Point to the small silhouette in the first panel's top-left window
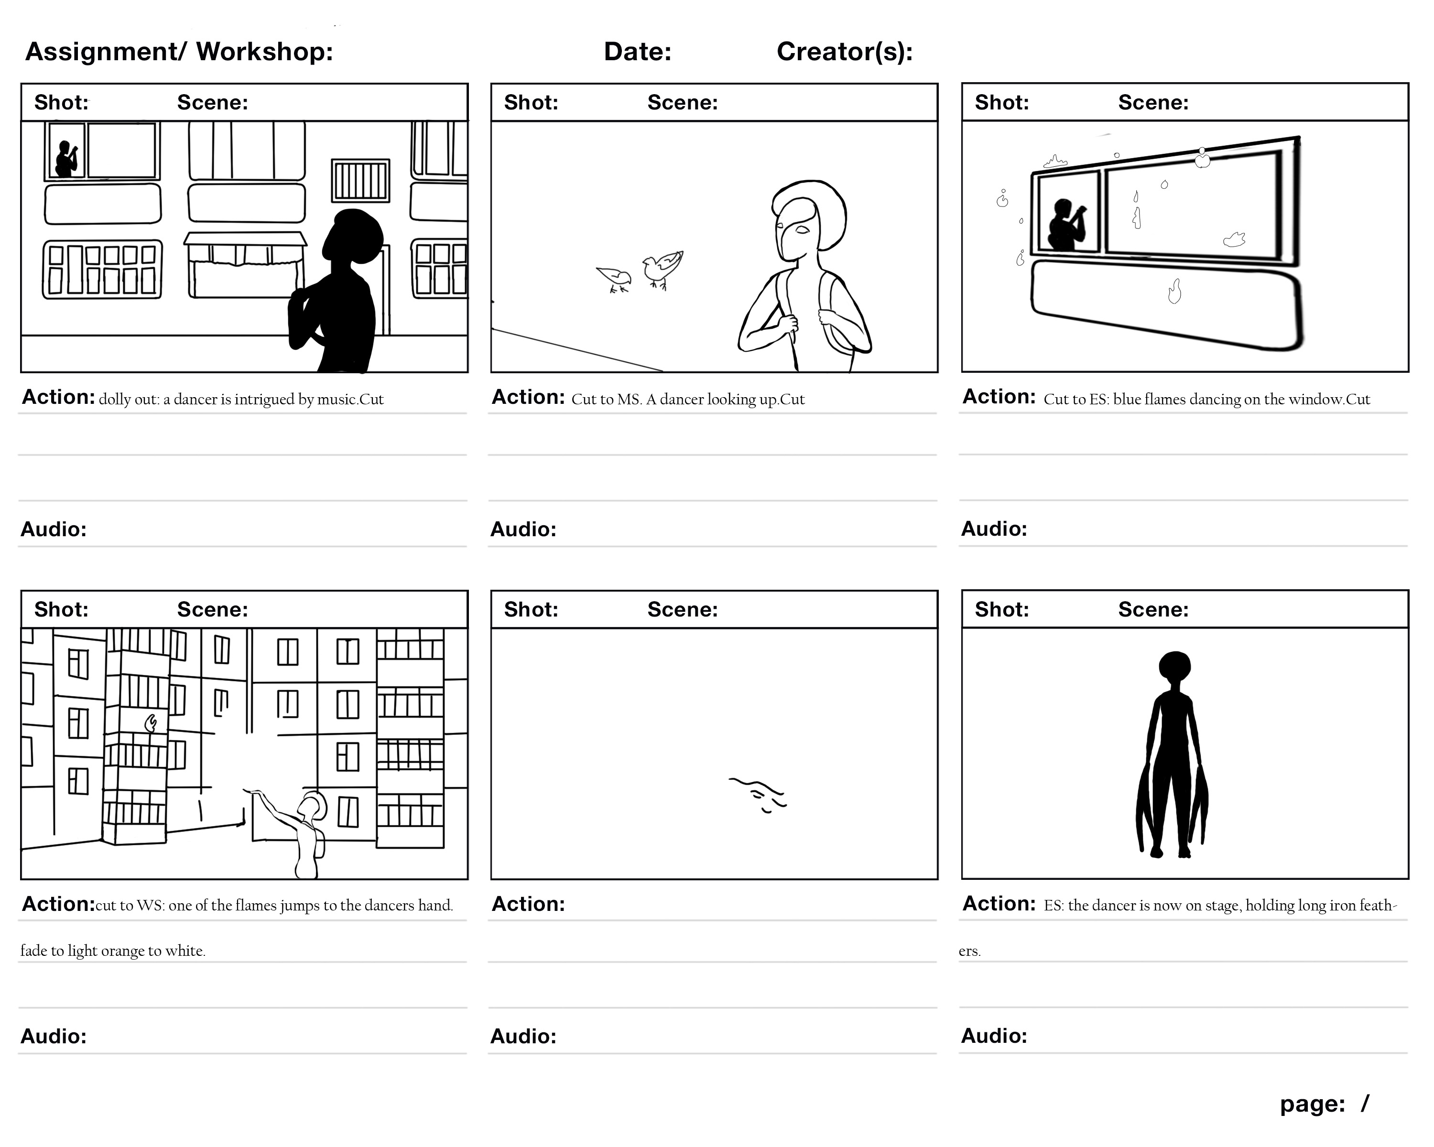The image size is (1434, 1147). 65,160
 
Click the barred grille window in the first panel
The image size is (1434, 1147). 360,181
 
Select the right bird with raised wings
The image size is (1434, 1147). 662,267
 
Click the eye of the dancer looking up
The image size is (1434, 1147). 802,230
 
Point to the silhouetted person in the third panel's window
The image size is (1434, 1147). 1065,226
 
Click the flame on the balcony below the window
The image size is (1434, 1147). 1174,291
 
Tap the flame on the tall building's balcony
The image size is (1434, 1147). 151,722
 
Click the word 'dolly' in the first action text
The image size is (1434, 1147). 114,399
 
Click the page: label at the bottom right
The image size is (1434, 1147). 1312,1104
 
